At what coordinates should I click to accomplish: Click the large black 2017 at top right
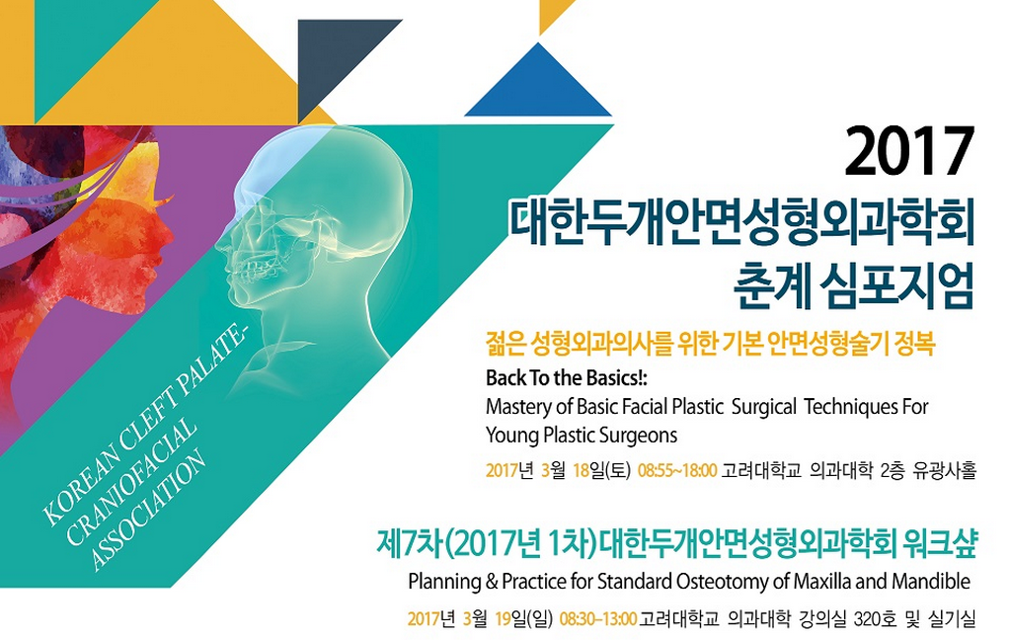[x=909, y=151]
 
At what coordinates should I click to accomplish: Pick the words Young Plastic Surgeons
[x=581, y=436]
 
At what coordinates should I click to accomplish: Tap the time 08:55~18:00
[x=677, y=470]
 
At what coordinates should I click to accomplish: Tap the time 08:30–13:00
[x=598, y=619]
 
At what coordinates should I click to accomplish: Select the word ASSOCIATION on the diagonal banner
[x=149, y=511]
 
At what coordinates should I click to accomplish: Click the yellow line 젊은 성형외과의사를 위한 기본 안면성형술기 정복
[x=710, y=345]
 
